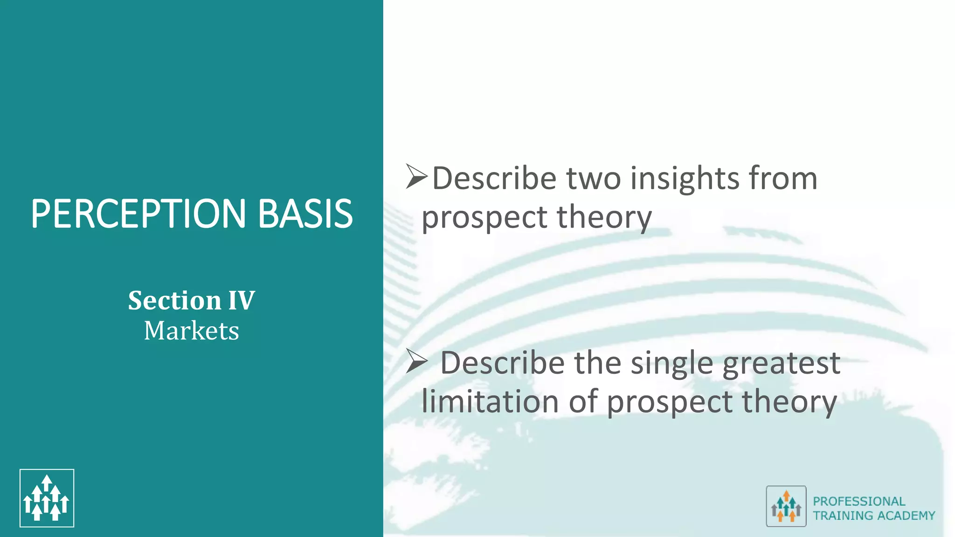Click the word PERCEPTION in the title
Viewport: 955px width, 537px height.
pyautogui.click(x=138, y=214)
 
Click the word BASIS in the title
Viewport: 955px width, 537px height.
pyautogui.click(x=305, y=214)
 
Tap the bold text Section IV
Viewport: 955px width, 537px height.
pyautogui.click(x=191, y=300)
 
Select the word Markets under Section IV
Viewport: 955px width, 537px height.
pyautogui.click(x=191, y=330)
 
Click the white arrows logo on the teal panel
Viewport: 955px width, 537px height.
pyautogui.click(x=47, y=498)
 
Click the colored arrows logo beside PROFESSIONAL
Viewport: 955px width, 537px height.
pyautogui.click(x=786, y=506)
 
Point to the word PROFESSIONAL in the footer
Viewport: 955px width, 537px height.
pyautogui.click(x=859, y=501)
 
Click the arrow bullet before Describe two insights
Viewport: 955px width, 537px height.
pyautogui.click(x=416, y=177)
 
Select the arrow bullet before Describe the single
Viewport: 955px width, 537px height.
pyautogui.click(x=416, y=361)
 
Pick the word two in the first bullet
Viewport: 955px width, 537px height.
pyautogui.click(x=594, y=179)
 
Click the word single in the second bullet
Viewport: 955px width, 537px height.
pyautogui.click(x=672, y=363)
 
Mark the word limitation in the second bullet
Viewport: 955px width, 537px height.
pyautogui.click(x=490, y=402)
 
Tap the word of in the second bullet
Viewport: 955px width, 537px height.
pyautogui.click(x=583, y=402)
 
